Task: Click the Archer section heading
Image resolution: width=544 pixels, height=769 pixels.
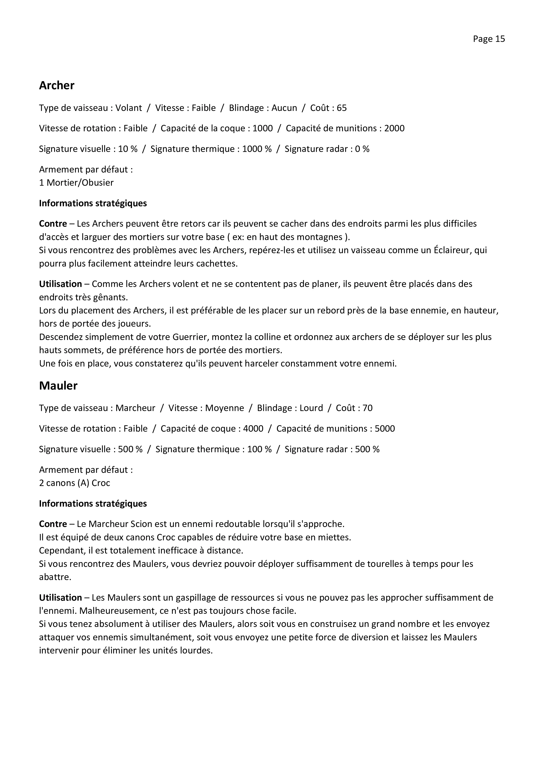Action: (x=57, y=85)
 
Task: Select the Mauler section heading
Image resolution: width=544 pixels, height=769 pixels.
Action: (x=58, y=386)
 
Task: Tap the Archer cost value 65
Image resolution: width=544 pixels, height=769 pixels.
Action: (x=342, y=108)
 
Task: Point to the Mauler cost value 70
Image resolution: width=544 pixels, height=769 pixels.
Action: (x=367, y=408)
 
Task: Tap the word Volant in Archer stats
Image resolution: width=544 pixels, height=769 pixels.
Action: (x=129, y=108)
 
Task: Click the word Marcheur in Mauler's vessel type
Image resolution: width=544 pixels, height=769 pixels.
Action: (x=135, y=408)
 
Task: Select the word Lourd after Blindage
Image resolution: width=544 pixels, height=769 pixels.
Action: (x=311, y=408)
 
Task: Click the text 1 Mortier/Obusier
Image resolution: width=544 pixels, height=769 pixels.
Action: (x=76, y=183)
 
